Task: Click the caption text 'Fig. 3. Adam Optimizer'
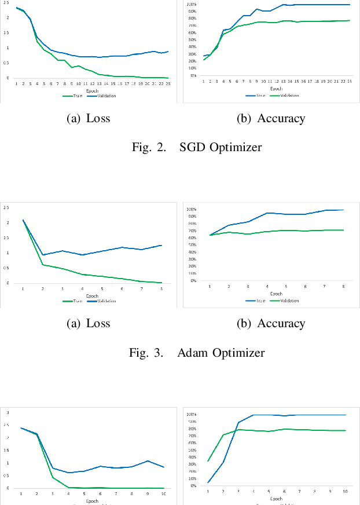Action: click(x=196, y=352)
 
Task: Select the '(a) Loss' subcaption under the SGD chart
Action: click(x=89, y=119)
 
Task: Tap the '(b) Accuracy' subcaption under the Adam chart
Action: click(x=271, y=324)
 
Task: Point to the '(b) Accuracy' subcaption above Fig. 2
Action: click(x=271, y=119)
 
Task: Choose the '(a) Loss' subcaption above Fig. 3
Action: click(x=89, y=324)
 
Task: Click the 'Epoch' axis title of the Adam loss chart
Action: click(x=92, y=296)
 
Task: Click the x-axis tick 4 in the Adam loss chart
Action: click(x=82, y=288)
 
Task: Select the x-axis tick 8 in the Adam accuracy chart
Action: click(x=344, y=287)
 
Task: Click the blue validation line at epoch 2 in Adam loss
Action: click(x=43, y=255)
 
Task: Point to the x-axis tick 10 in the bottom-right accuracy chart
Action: click(x=346, y=491)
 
